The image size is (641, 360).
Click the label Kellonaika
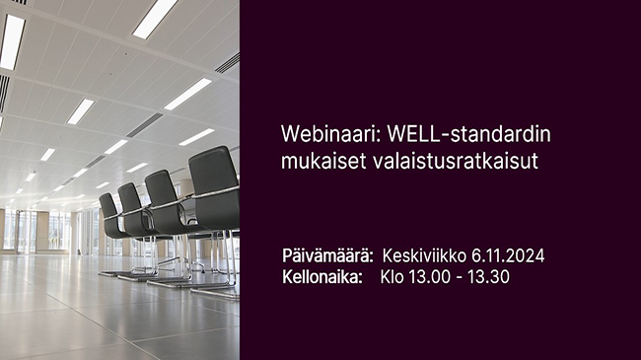[321, 277]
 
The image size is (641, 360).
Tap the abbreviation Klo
[392, 277]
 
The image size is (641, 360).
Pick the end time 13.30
[490, 277]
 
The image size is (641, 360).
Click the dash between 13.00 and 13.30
[461, 277]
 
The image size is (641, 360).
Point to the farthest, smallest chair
[109, 212]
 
